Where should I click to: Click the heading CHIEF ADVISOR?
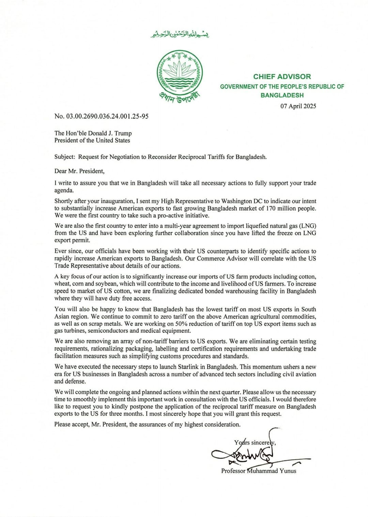click(282, 77)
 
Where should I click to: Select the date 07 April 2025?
click(298, 106)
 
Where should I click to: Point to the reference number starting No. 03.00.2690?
click(101, 116)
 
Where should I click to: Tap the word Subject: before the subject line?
click(64, 157)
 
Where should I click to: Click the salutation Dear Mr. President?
click(79, 171)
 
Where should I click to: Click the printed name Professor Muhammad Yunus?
click(259, 471)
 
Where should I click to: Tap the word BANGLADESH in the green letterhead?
click(282, 96)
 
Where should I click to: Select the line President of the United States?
click(92, 141)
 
